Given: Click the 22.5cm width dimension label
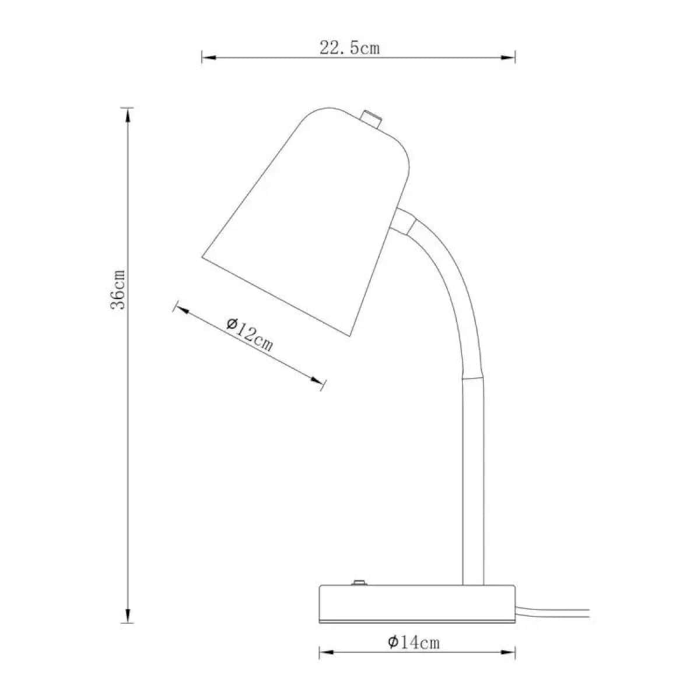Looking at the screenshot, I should (x=349, y=48).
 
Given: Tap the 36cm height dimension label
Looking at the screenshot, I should (x=118, y=290).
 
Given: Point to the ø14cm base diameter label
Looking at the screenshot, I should (x=414, y=642).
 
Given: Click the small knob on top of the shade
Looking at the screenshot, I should (x=370, y=118).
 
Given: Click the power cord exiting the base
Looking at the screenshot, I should (x=554, y=612).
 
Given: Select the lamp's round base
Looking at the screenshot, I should (x=416, y=604).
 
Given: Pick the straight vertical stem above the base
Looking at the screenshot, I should (x=473, y=478).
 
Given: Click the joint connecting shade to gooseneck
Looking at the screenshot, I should (x=404, y=220).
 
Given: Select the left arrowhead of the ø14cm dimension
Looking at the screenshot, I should (x=326, y=652).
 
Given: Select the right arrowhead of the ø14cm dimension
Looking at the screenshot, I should (x=509, y=652).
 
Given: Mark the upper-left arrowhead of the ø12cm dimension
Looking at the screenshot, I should (x=181, y=310).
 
